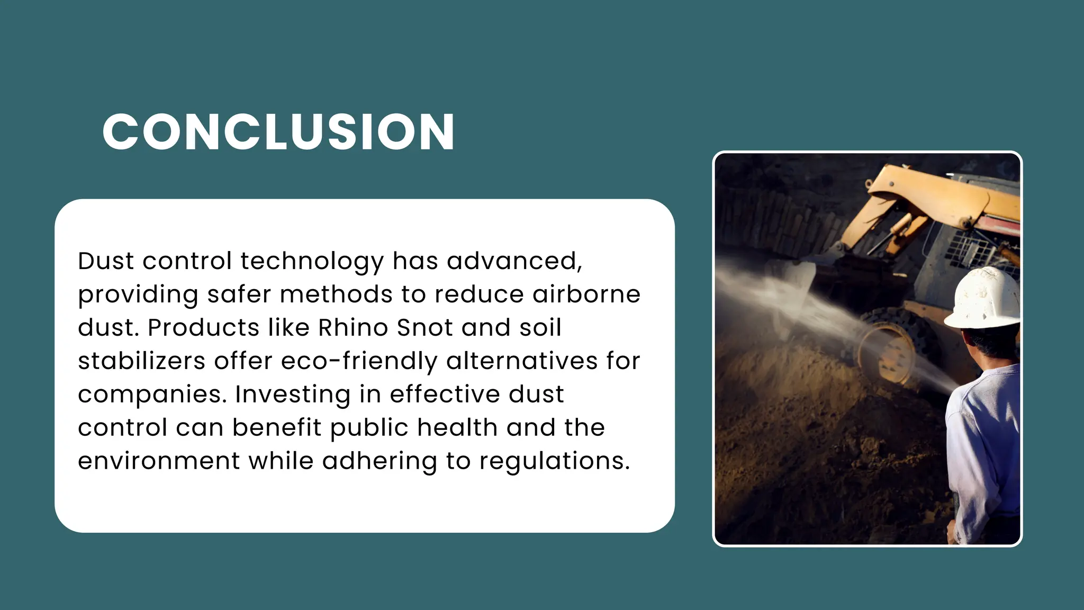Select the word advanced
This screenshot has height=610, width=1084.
[514, 261]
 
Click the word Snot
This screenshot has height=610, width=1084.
[424, 328]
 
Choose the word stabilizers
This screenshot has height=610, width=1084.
[141, 361]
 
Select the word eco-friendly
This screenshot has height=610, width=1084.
[359, 361]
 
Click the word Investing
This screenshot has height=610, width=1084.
[293, 394]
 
